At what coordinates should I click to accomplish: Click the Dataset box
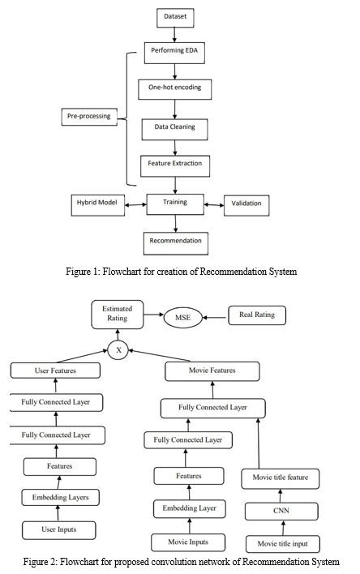pyautogui.click(x=175, y=18)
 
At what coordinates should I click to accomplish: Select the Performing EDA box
pyautogui.click(x=174, y=53)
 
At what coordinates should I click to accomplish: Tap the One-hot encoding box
pyautogui.click(x=174, y=89)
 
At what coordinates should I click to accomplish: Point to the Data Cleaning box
pyautogui.click(x=174, y=129)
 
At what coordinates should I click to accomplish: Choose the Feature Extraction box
pyautogui.click(x=175, y=166)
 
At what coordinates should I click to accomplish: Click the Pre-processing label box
pyautogui.click(x=89, y=117)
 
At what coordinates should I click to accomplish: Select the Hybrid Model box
pyautogui.click(x=98, y=205)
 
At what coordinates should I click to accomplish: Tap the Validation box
pyautogui.click(x=246, y=205)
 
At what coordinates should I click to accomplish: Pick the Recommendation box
pyautogui.click(x=176, y=243)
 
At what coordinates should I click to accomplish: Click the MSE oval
pyautogui.click(x=182, y=317)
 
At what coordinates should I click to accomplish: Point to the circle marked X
pyautogui.click(x=118, y=350)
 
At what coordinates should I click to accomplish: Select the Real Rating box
pyautogui.click(x=257, y=315)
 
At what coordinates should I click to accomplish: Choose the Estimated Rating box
pyautogui.click(x=118, y=315)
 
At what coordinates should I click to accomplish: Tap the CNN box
pyautogui.click(x=281, y=511)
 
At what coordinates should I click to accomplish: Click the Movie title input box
pyautogui.click(x=283, y=544)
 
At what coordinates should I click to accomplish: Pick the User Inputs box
pyautogui.click(x=59, y=530)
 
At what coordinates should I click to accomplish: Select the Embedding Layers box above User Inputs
pyautogui.click(x=61, y=498)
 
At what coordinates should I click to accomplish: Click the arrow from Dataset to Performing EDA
pyautogui.click(x=174, y=35)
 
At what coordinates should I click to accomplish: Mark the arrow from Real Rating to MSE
pyautogui.click(x=216, y=317)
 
